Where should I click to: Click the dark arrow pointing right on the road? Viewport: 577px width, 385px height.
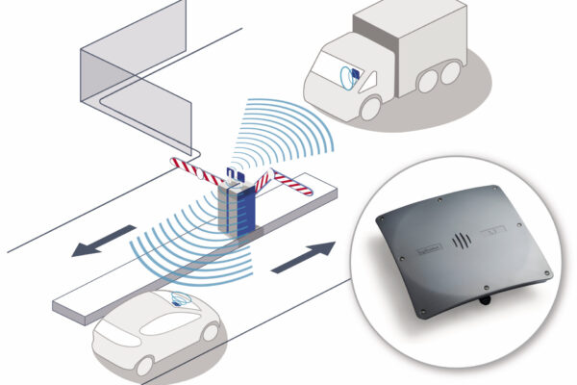tap(305, 256)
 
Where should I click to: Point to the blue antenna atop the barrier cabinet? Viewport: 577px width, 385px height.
tap(232, 175)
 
